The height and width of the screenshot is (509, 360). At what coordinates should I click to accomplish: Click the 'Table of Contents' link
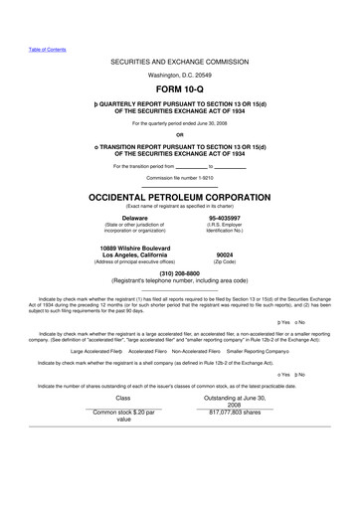[x=47, y=49]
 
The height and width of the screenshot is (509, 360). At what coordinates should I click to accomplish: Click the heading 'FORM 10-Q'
[x=179, y=90]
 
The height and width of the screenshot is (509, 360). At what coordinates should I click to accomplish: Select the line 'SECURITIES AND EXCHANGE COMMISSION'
[x=179, y=61]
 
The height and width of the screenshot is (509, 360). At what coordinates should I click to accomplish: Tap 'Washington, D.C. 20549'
[x=179, y=76]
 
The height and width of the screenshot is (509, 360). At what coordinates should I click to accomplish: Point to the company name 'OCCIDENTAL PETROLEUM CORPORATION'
[x=179, y=198]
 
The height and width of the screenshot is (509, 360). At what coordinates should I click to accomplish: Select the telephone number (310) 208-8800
[x=179, y=272]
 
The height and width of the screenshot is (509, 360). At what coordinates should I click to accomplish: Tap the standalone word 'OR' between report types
[x=179, y=135]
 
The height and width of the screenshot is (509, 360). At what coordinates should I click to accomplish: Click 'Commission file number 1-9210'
[x=179, y=176]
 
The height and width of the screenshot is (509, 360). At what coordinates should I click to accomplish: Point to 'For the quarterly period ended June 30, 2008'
[x=179, y=123]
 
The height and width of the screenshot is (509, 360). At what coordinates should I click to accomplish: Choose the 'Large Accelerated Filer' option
[x=95, y=352]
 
